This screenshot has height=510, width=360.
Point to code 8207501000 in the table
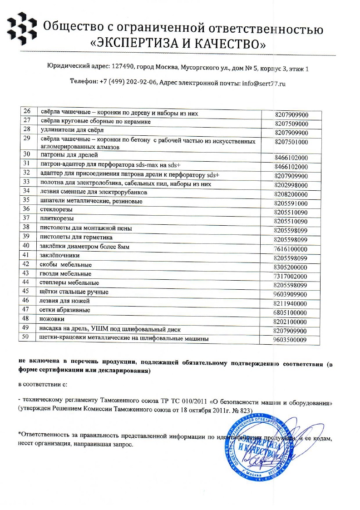[291, 142]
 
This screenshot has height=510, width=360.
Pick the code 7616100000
[291, 249]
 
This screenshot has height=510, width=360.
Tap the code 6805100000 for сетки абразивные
[291, 313]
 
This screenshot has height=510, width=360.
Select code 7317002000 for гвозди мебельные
[291, 277]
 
